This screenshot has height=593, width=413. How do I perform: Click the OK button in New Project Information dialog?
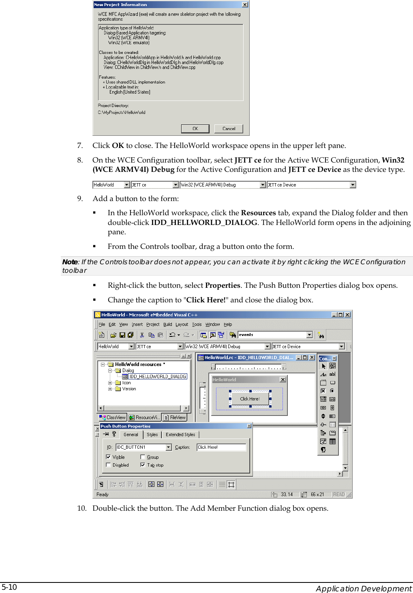(195, 128)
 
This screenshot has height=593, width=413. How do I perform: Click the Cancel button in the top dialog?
(229, 128)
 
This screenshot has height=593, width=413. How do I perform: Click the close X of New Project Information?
(245, 4)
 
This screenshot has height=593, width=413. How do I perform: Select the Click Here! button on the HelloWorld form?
(250, 399)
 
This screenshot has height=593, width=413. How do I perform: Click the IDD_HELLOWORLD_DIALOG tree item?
(157, 377)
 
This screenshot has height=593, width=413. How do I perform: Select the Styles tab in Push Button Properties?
(152, 435)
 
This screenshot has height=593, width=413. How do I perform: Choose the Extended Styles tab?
(180, 435)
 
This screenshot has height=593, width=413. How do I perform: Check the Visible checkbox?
(108, 457)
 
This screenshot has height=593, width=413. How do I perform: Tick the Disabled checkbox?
(108, 465)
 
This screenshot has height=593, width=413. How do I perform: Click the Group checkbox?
(143, 457)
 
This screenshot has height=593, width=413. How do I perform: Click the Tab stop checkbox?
(143, 465)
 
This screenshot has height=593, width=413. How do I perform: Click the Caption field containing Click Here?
(221, 447)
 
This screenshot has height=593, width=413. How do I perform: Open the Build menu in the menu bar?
(167, 324)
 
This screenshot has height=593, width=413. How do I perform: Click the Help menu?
(228, 324)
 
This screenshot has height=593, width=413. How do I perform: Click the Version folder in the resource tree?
(129, 389)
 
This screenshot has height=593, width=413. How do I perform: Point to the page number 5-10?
(9, 587)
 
